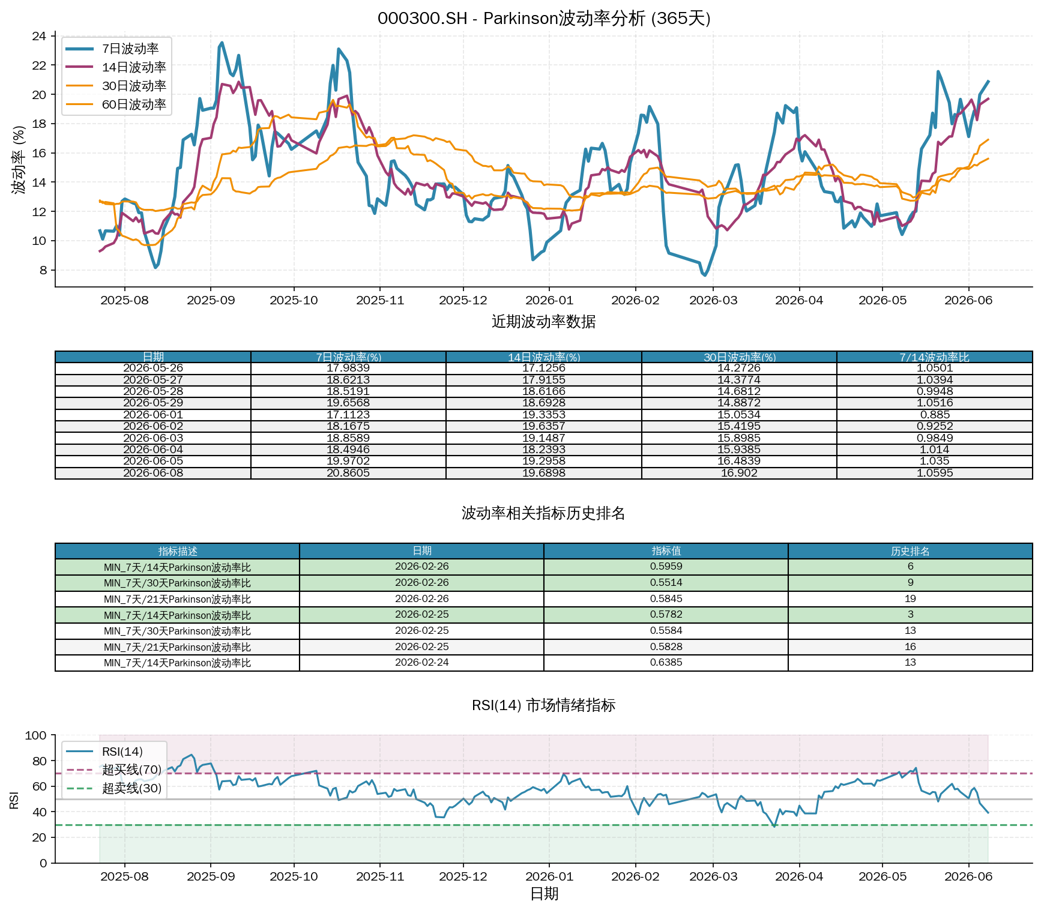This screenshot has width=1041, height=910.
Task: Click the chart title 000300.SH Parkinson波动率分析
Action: tap(544, 18)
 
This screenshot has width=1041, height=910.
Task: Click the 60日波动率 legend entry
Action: tap(116, 104)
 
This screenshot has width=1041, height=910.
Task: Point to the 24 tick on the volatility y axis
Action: tap(39, 36)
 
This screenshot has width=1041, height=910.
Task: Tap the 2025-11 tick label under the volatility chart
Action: tap(380, 300)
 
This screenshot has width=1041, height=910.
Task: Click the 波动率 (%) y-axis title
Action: tap(19, 160)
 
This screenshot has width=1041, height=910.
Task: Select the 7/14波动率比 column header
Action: tap(934, 357)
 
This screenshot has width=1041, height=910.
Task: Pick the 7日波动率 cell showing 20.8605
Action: tap(348, 473)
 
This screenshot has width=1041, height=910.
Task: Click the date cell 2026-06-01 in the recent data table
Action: tap(153, 415)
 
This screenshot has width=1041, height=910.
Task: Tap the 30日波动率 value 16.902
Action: tap(739, 473)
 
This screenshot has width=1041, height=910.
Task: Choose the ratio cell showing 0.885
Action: tap(935, 415)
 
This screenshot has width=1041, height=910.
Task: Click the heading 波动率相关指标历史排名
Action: tap(543, 513)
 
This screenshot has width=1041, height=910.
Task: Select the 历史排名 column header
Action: tap(910, 551)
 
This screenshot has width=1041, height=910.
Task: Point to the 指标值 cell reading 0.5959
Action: tap(666, 567)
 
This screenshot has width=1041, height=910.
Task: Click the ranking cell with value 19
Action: tap(910, 599)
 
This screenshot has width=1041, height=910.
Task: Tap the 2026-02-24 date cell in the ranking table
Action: tap(421, 663)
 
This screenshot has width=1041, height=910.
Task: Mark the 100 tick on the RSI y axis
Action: tap(36, 735)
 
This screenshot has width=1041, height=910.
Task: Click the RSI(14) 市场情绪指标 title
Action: tap(543, 705)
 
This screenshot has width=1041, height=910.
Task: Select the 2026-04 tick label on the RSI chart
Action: tap(799, 876)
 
